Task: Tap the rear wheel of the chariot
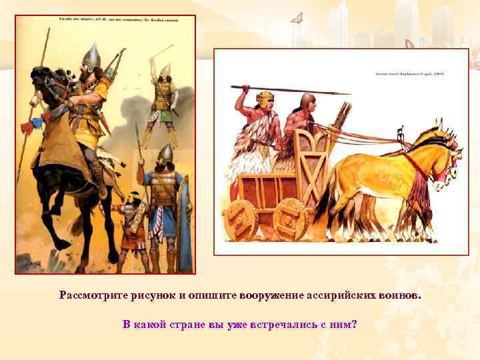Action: [x=243, y=218]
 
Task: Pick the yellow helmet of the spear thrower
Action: [x=266, y=100]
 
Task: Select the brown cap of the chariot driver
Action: [x=307, y=101]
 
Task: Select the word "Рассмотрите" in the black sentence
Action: [x=95, y=295]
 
